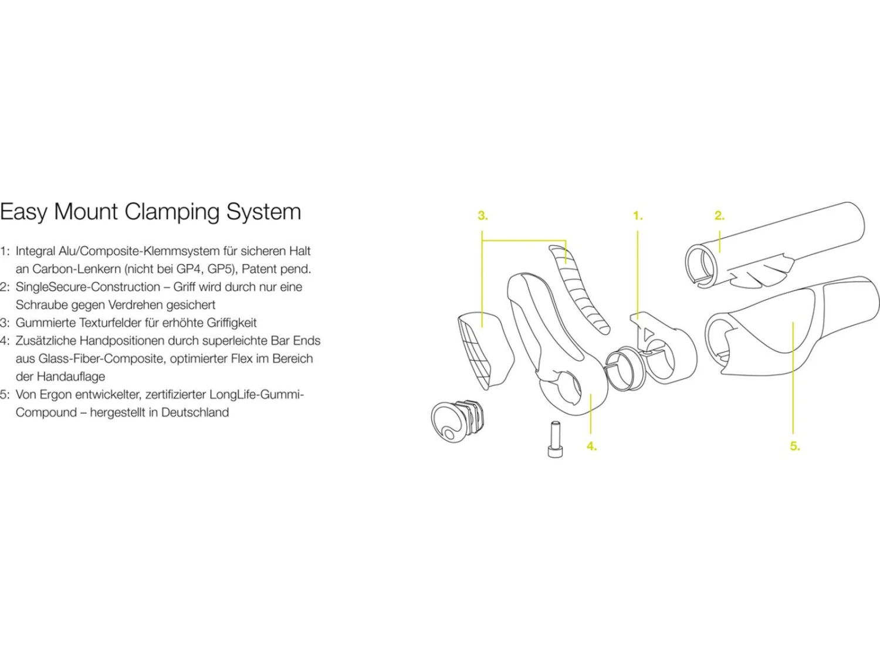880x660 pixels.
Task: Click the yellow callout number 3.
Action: pos(482,216)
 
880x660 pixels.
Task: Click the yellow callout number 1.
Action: pos(638,216)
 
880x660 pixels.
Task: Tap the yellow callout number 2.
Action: pos(719,216)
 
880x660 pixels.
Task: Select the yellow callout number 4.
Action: pos(591,446)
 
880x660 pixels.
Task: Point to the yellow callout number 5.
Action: pos(794,446)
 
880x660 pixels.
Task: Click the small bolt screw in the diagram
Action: pos(554,438)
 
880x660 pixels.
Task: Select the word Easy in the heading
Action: pos(23,212)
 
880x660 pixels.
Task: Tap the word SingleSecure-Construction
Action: pos(88,287)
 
